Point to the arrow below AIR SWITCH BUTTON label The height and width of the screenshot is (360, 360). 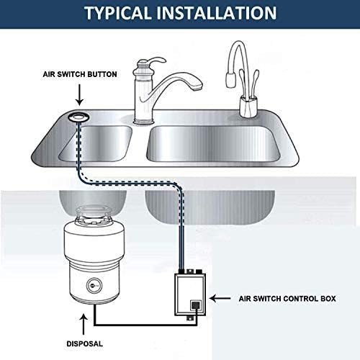[78, 94]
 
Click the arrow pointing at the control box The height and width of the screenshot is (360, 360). [226, 297]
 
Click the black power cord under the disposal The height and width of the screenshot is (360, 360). [137, 320]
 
